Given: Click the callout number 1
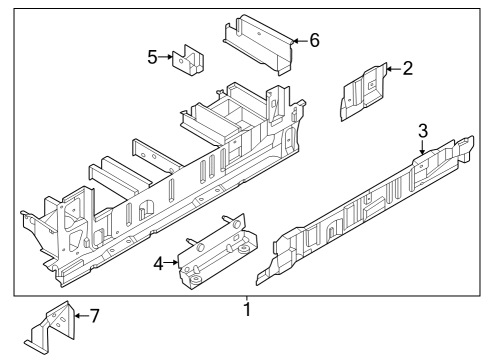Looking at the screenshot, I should click(x=246, y=311).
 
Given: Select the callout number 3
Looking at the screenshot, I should click(x=422, y=130).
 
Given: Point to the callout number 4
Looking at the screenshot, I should click(x=158, y=264).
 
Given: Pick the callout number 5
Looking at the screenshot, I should click(x=152, y=57).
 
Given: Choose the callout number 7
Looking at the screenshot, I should click(x=95, y=317).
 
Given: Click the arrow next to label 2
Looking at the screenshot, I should click(x=392, y=69).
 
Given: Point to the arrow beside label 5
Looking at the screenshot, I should click(x=167, y=58).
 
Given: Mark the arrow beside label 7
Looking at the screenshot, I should click(x=80, y=317).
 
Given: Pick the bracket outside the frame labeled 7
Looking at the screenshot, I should click(x=50, y=328).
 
